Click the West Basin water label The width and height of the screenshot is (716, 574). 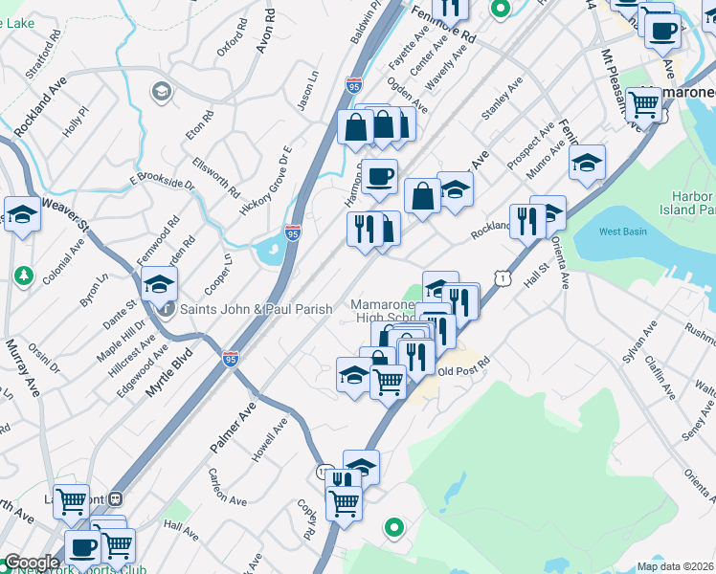coord(622,232)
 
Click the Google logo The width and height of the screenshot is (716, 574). coord(32,563)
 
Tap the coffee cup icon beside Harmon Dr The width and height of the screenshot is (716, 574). coord(380,177)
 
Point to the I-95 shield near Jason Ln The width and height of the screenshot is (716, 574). coord(354,85)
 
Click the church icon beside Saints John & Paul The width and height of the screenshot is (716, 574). coord(167,309)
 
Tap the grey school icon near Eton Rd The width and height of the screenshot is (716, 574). coord(161,90)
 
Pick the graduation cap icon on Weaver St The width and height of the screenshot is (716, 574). coord(22,214)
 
